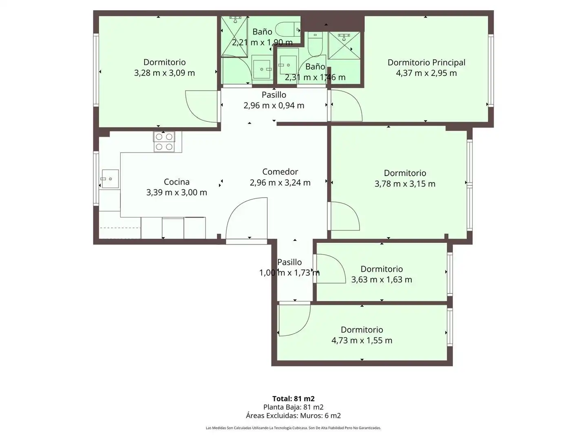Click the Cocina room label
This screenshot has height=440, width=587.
tap(177, 182)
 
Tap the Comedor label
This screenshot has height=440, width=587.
tap(280, 172)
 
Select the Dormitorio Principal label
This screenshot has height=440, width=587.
tap(426, 62)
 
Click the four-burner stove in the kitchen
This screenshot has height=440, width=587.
tap(164, 142)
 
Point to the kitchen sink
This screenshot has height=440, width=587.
tap(109, 179)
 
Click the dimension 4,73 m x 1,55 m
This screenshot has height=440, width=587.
tap(362, 340)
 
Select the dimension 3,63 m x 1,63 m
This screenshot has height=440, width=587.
tap(382, 279)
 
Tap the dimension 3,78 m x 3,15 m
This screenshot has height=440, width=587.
tap(405, 184)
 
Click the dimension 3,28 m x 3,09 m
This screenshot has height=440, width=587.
tap(164, 73)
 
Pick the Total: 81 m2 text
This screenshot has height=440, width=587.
tap(293, 398)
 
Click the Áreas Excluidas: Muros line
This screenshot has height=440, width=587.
tap(293, 416)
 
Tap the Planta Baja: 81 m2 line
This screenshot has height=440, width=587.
tap(293, 407)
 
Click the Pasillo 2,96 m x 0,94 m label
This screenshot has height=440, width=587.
tap(274, 100)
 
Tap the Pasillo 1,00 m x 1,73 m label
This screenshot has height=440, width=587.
tap(289, 267)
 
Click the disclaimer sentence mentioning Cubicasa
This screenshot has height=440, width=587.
tap(293, 428)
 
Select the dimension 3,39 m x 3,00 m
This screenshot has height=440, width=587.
tap(177, 192)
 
